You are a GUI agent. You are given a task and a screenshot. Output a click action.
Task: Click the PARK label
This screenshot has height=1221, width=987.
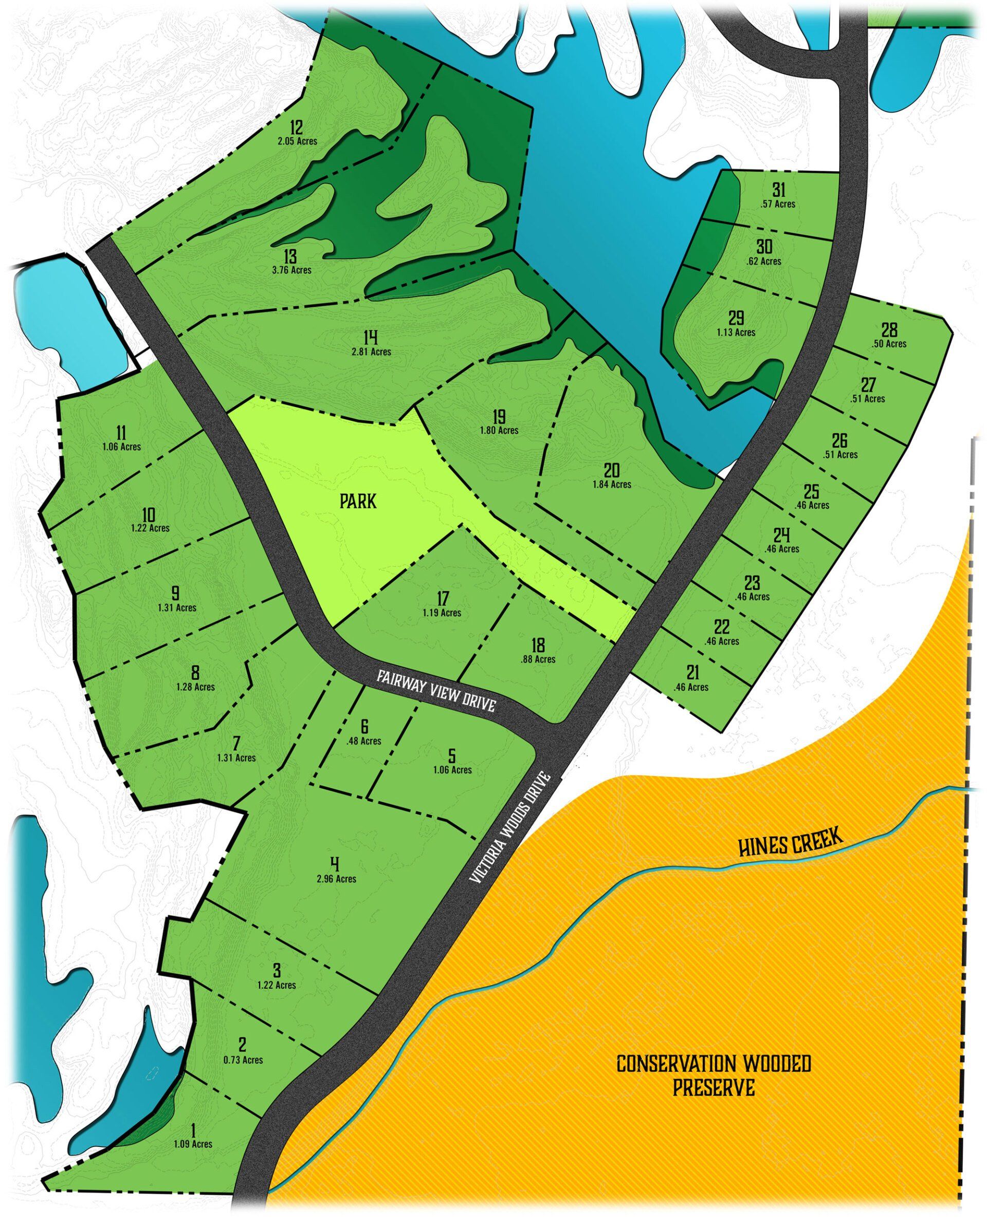(358, 501)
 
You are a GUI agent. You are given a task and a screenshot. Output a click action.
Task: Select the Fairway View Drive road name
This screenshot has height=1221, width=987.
(436, 690)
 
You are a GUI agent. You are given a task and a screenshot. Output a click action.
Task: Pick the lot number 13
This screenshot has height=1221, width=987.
(290, 257)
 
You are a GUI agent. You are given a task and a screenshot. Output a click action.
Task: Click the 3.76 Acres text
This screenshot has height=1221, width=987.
(291, 270)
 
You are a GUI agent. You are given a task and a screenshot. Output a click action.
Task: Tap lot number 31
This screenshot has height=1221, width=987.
(778, 189)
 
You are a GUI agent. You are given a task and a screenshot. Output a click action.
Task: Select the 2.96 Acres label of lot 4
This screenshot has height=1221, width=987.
(337, 879)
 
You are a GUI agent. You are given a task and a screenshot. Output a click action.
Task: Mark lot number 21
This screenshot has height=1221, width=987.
(692, 673)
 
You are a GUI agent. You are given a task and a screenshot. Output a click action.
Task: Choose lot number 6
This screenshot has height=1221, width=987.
(364, 727)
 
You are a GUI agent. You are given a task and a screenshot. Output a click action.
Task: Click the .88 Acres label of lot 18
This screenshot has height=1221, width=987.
(537, 659)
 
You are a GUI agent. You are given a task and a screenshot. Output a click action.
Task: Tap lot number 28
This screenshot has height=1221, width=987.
(889, 330)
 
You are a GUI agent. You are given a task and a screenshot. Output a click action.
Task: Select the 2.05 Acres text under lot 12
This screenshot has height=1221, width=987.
(297, 140)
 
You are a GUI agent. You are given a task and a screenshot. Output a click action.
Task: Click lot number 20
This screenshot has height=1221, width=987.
(612, 470)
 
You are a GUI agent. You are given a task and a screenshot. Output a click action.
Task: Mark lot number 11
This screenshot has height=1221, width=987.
(121, 433)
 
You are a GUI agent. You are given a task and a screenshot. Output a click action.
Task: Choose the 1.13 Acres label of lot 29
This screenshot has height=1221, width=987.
(736, 332)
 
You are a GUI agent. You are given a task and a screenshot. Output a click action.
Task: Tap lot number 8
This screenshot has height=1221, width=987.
(195, 673)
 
